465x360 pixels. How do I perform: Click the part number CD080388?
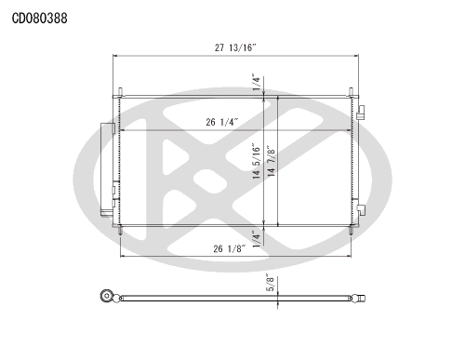(39, 19)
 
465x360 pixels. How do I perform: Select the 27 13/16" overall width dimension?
(235, 47)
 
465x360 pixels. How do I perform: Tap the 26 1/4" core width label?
(222, 122)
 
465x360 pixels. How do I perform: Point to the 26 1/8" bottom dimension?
(230, 248)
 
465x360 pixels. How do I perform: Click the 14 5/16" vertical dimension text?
(257, 161)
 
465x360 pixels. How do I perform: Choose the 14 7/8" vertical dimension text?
(271, 161)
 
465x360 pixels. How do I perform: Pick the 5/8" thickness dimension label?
(271, 283)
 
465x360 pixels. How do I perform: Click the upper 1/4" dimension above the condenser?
(257, 82)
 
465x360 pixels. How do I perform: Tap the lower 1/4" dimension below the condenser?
(257, 239)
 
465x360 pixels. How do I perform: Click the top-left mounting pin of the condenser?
(120, 92)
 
